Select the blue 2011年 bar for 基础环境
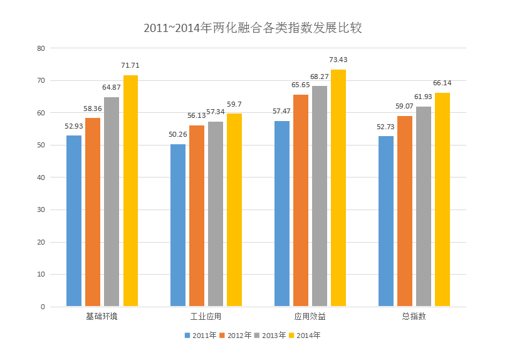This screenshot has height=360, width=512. (x=74, y=221)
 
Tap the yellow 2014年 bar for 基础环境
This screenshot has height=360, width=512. (x=130, y=191)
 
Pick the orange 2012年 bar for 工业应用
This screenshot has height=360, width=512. (x=197, y=216)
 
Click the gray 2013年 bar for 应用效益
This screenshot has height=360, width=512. (x=320, y=196)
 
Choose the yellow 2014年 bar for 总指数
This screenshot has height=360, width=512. (x=442, y=199)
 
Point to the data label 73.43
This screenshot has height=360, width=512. (x=338, y=60)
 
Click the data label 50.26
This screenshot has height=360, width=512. (x=178, y=134)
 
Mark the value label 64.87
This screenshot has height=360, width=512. (x=112, y=87)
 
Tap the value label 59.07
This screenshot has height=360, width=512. (x=404, y=106)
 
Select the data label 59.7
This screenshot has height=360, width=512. (x=234, y=104)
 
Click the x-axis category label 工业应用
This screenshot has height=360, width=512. (x=206, y=316)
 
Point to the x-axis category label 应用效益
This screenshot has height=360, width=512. (x=310, y=316)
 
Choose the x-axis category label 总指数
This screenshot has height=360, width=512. (x=414, y=316)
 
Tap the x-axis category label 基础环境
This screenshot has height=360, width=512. (x=102, y=316)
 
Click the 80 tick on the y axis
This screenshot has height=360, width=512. (x=41, y=48)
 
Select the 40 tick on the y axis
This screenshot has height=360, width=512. (x=41, y=177)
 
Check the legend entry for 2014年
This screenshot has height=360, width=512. (x=305, y=336)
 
